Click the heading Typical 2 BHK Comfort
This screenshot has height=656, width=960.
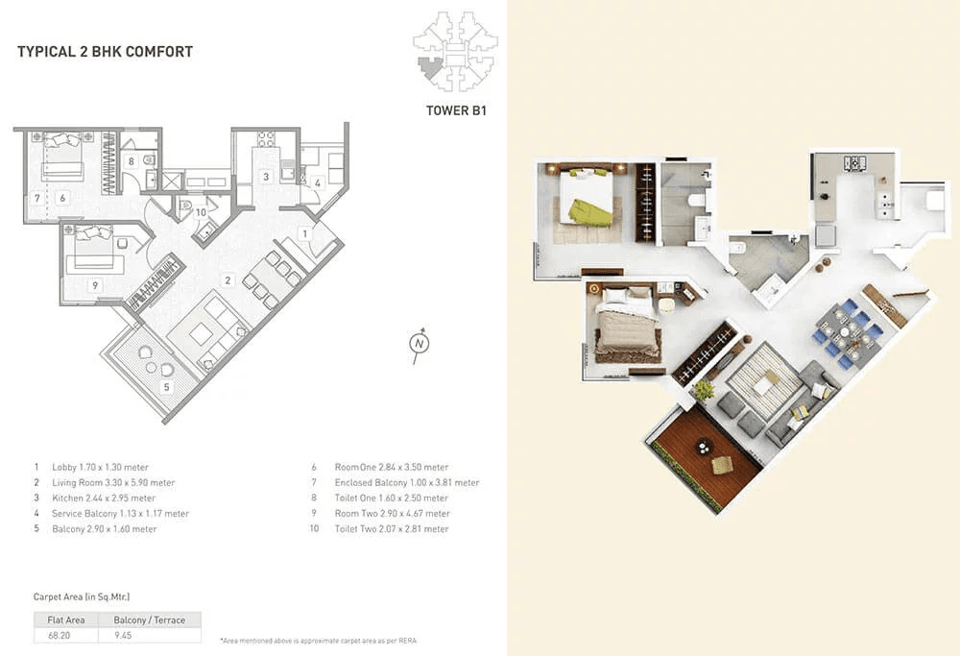(105, 52)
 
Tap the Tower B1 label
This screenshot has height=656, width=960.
(457, 110)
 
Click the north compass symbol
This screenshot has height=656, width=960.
(419, 344)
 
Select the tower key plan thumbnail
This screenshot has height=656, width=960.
(450, 49)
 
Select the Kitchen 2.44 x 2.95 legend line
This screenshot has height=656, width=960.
(94, 498)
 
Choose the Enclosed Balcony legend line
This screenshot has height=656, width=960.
(394, 482)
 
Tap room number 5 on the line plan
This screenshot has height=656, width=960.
(165, 387)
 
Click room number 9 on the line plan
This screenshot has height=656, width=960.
(94, 285)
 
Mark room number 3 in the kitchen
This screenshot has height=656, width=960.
(265, 176)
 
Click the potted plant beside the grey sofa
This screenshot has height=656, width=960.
(704, 389)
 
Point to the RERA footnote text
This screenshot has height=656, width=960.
(318, 640)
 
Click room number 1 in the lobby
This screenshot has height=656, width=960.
(304, 233)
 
